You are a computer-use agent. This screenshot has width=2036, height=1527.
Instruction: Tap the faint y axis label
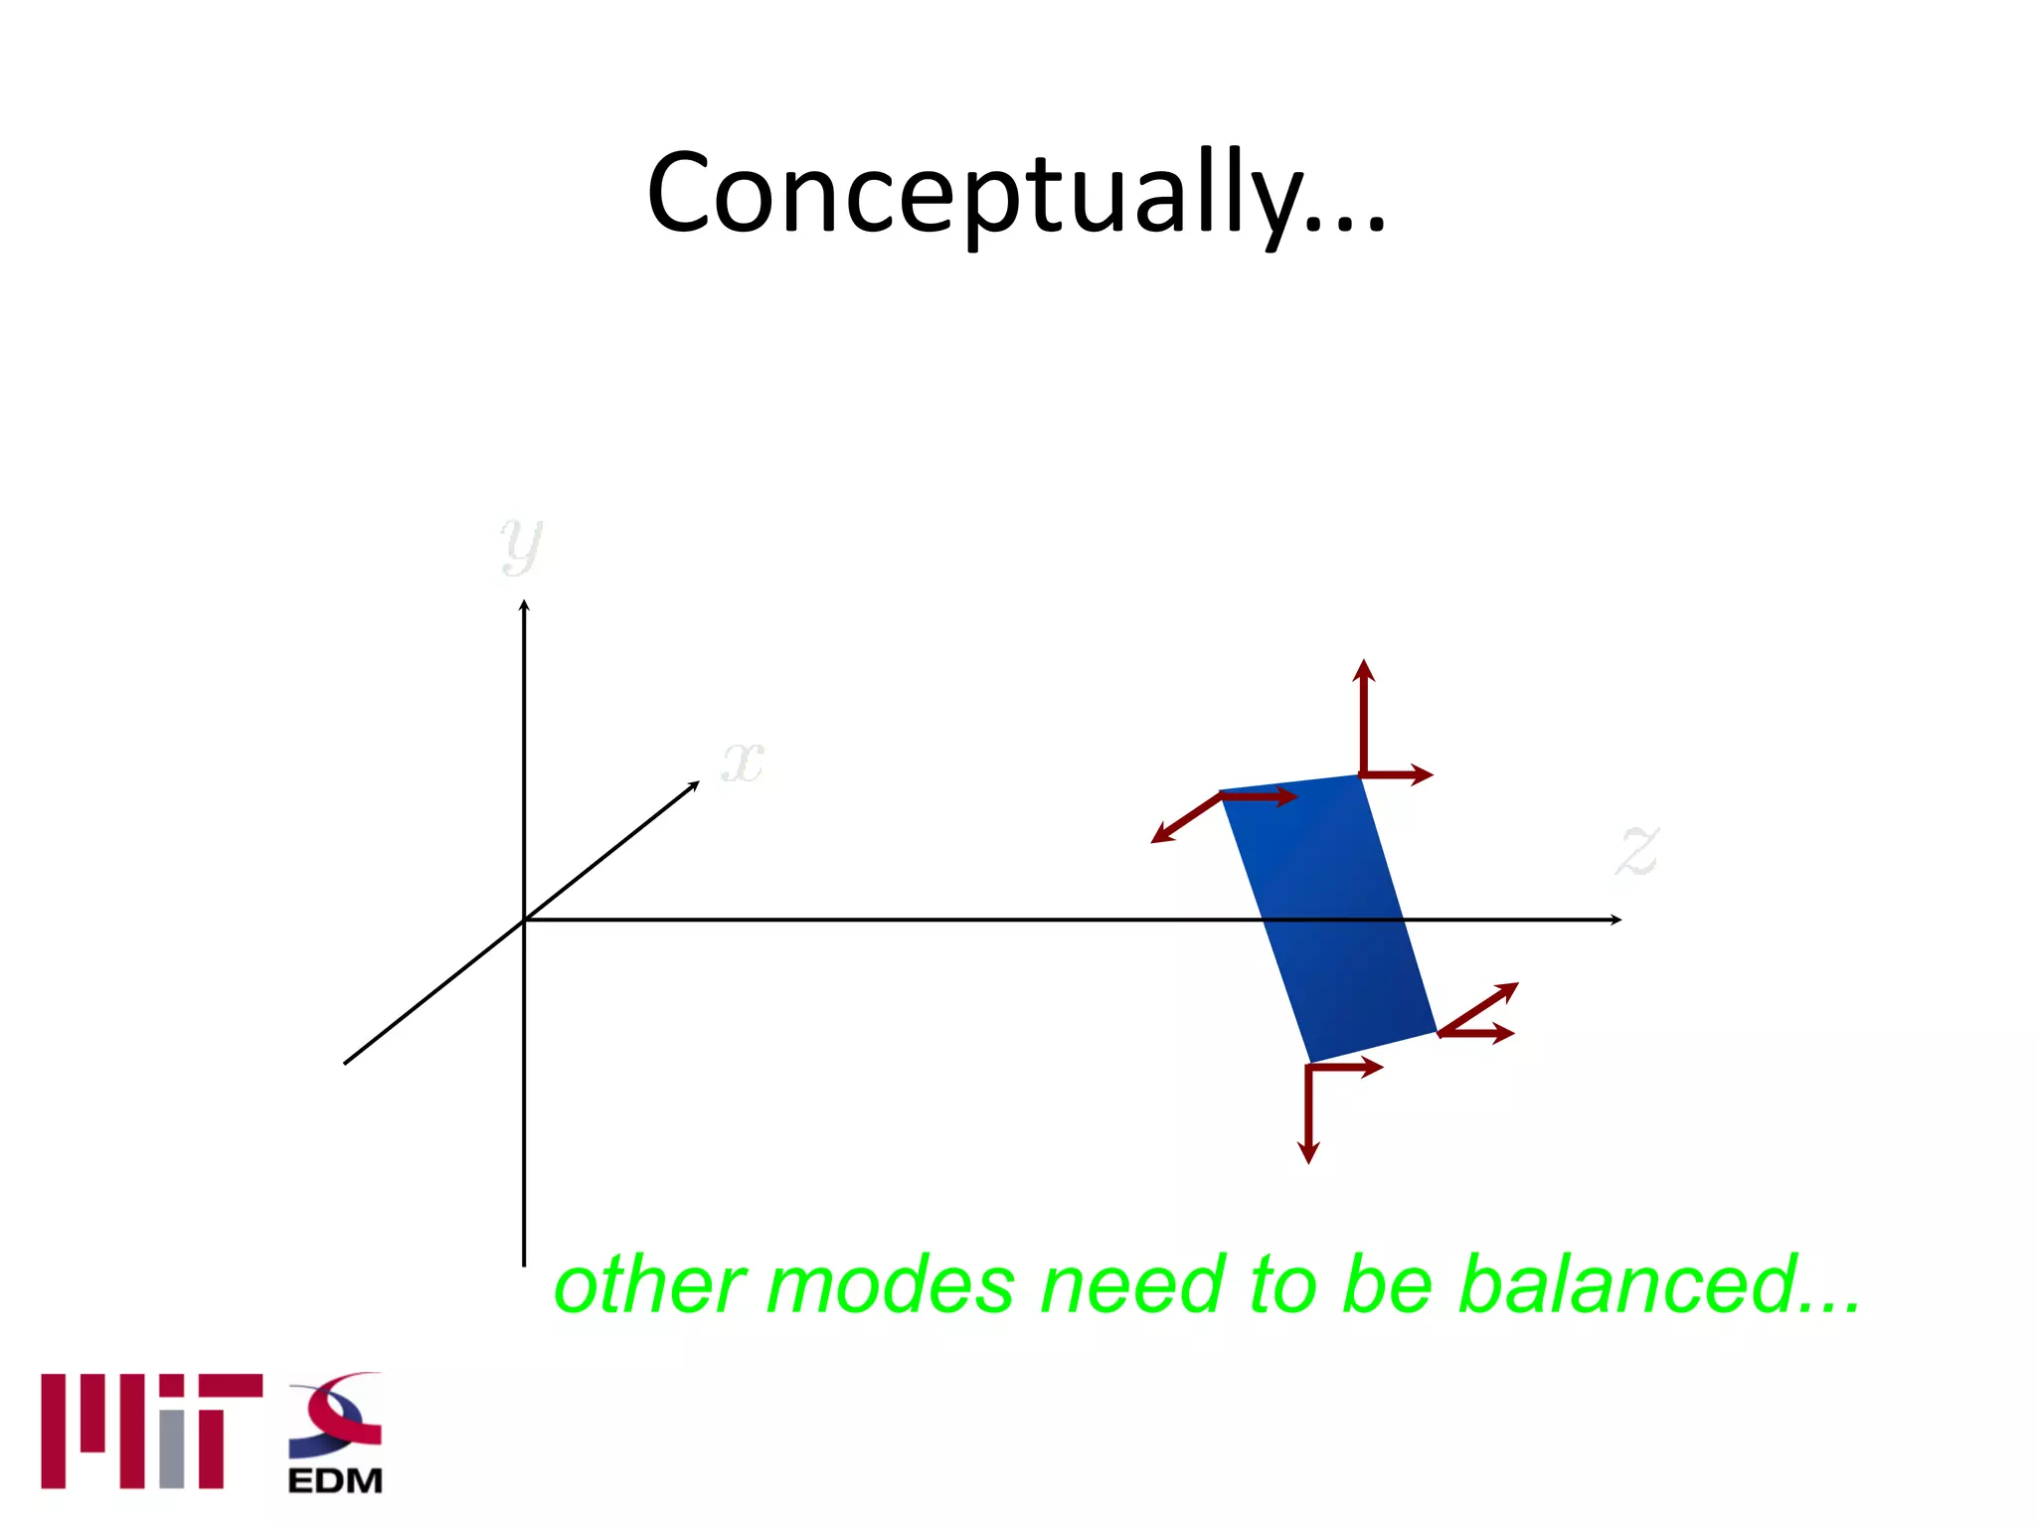tap(521, 545)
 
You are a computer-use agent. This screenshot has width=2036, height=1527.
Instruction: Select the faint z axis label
tap(1637, 851)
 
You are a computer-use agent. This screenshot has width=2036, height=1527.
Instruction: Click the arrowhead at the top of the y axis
tap(524, 606)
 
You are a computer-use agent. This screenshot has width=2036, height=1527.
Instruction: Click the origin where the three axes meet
tap(524, 921)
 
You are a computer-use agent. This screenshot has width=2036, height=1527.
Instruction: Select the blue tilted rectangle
tap(1328, 919)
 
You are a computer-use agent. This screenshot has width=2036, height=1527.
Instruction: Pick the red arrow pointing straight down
tap(1309, 1118)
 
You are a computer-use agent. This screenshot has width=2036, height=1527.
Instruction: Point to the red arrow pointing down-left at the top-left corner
tap(1183, 820)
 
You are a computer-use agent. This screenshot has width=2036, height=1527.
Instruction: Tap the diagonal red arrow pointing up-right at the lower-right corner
tap(1481, 1006)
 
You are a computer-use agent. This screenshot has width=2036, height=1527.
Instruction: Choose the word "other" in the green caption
tap(649, 1285)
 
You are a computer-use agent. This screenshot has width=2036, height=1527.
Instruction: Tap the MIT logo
tap(151, 1431)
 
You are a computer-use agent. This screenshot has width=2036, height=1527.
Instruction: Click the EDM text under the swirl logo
tap(335, 1481)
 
